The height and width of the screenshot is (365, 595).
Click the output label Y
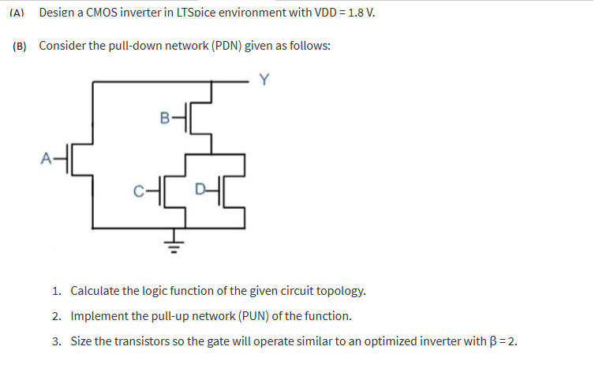click(264, 78)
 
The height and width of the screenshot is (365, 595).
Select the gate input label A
click(45, 158)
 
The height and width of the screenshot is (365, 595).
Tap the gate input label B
click(163, 118)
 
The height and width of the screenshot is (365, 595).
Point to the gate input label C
click(139, 189)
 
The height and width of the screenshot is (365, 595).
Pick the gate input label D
click(201, 189)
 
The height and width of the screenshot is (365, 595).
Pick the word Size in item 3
click(83, 341)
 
